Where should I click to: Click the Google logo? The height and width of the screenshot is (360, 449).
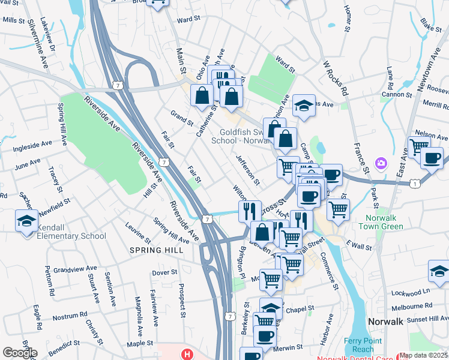tap(19, 352)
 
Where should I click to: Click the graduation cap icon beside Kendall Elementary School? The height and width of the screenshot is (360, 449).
tap(26, 221)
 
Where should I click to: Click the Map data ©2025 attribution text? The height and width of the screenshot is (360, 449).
tap(424, 355)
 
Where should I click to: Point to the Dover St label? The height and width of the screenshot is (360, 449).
tap(164, 272)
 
